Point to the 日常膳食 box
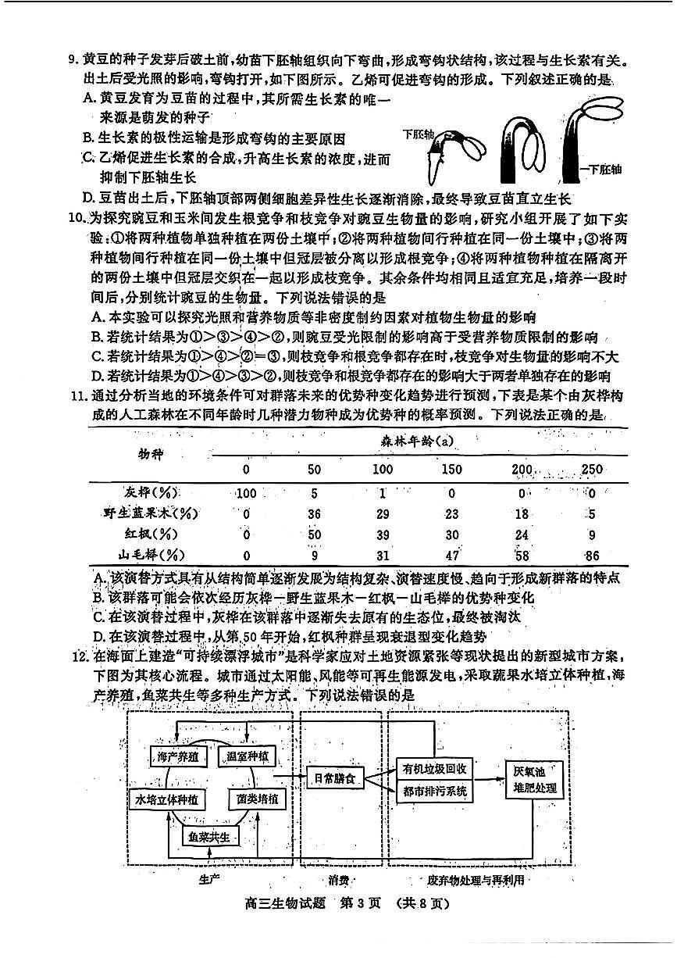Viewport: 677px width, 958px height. [334, 780]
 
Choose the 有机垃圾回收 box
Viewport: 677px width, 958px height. [434, 769]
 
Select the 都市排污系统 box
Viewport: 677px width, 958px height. [434, 792]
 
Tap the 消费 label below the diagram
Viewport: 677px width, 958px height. [338, 880]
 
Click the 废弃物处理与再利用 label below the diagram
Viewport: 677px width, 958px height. [476, 880]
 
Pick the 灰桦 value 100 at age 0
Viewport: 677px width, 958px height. [246, 493]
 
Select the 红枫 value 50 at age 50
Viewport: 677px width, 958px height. [315, 534]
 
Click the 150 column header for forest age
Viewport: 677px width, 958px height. [450, 470]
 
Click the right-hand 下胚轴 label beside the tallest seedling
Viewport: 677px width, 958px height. [604, 169]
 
